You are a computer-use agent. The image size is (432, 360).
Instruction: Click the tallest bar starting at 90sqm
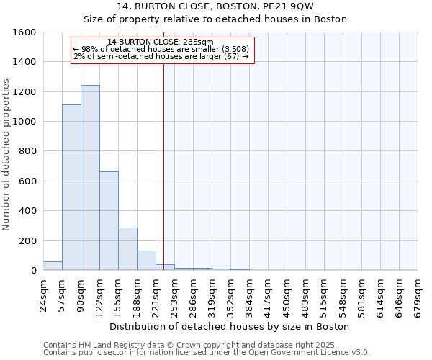point(90,178)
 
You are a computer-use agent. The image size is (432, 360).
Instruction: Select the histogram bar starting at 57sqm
point(71,187)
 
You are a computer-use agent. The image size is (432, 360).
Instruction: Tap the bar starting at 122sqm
point(109,221)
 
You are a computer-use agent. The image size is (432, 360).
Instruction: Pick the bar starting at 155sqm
point(127,249)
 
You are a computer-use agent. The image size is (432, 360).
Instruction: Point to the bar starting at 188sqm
point(146,261)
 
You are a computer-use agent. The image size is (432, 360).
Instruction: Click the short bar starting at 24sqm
point(53,266)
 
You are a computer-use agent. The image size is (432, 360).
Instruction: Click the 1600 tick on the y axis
point(25,32)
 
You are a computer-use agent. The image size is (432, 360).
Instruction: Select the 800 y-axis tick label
point(28,152)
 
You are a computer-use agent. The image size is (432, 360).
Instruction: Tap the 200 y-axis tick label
point(28,241)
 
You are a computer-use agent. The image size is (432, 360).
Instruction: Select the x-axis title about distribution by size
point(230,326)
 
